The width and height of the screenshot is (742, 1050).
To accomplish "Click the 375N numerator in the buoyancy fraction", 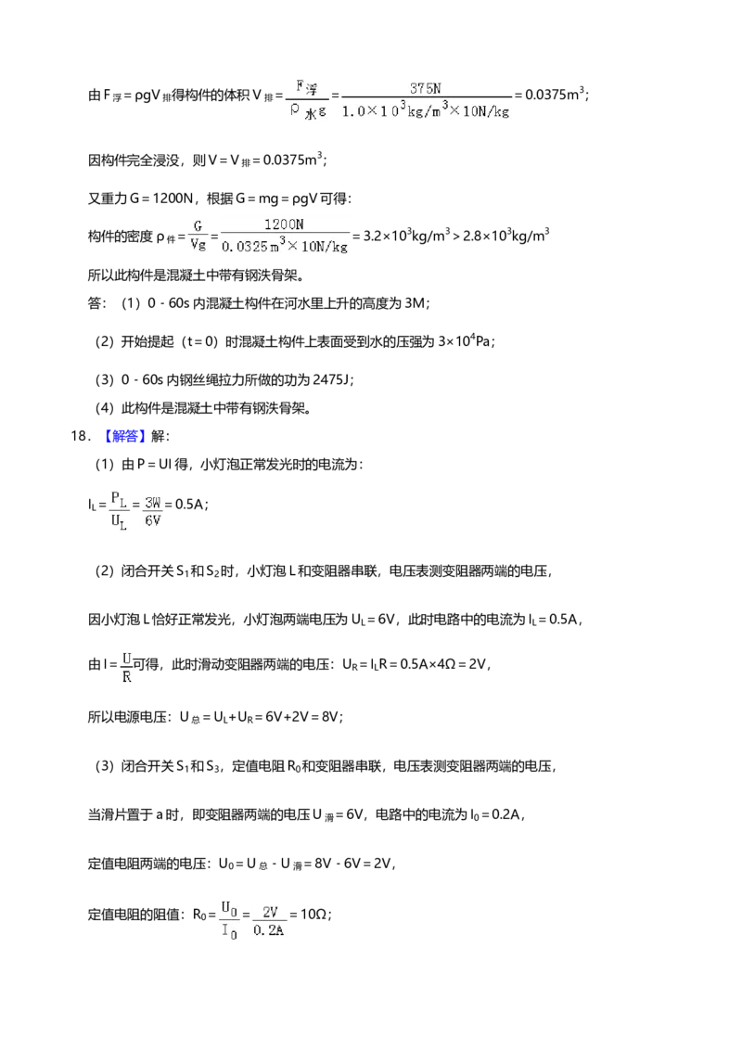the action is pos(425,88).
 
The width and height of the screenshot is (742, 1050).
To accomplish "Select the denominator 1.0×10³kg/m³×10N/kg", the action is pos(426,109).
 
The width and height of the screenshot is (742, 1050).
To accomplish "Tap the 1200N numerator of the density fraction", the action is pos(284,224).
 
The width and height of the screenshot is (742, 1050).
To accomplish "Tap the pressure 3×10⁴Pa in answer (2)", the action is pos(466,340).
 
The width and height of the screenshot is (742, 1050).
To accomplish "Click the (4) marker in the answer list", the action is pos(105,408).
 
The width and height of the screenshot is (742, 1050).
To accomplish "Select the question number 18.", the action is pos(80,436).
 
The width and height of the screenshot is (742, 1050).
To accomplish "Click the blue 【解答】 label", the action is pos(124,436).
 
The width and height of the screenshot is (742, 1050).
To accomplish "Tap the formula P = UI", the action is pos(155,464).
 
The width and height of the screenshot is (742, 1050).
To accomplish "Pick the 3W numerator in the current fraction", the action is pos(153,503).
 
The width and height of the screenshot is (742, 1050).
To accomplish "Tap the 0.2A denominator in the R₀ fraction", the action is pos(269,930).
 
